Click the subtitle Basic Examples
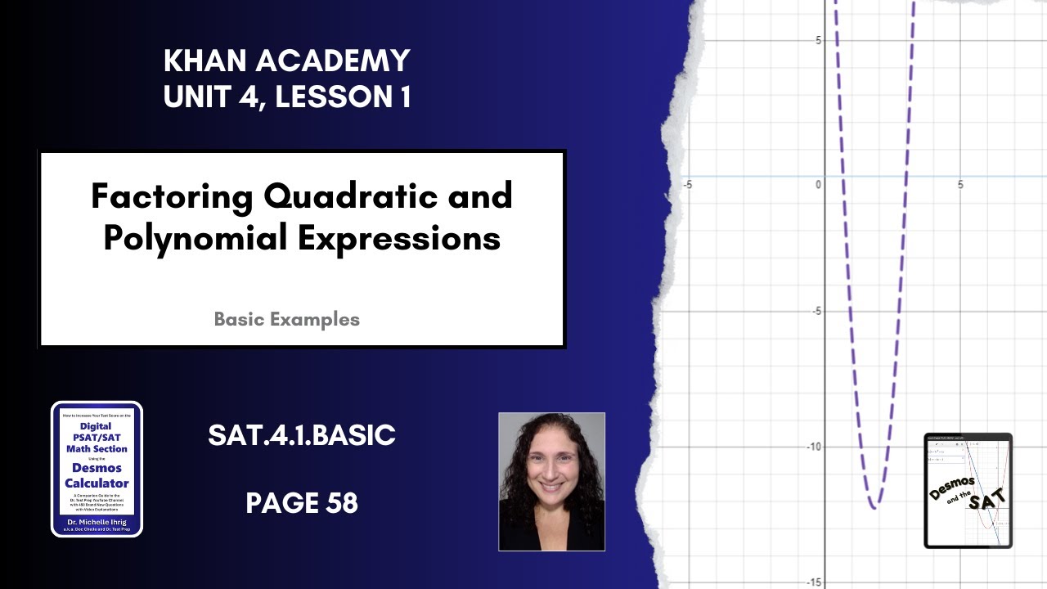click(x=286, y=319)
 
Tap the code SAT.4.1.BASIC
click(x=302, y=436)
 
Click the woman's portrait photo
click(x=551, y=481)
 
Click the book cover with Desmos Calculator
click(x=97, y=468)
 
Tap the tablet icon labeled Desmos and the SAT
click(x=968, y=490)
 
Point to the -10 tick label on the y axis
click(x=811, y=447)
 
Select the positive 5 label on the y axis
click(x=819, y=40)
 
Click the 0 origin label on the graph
click(x=818, y=185)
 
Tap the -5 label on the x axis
click(x=687, y=185)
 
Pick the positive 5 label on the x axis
click(x=960, y=185)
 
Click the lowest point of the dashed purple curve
click(x=874, y=508)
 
